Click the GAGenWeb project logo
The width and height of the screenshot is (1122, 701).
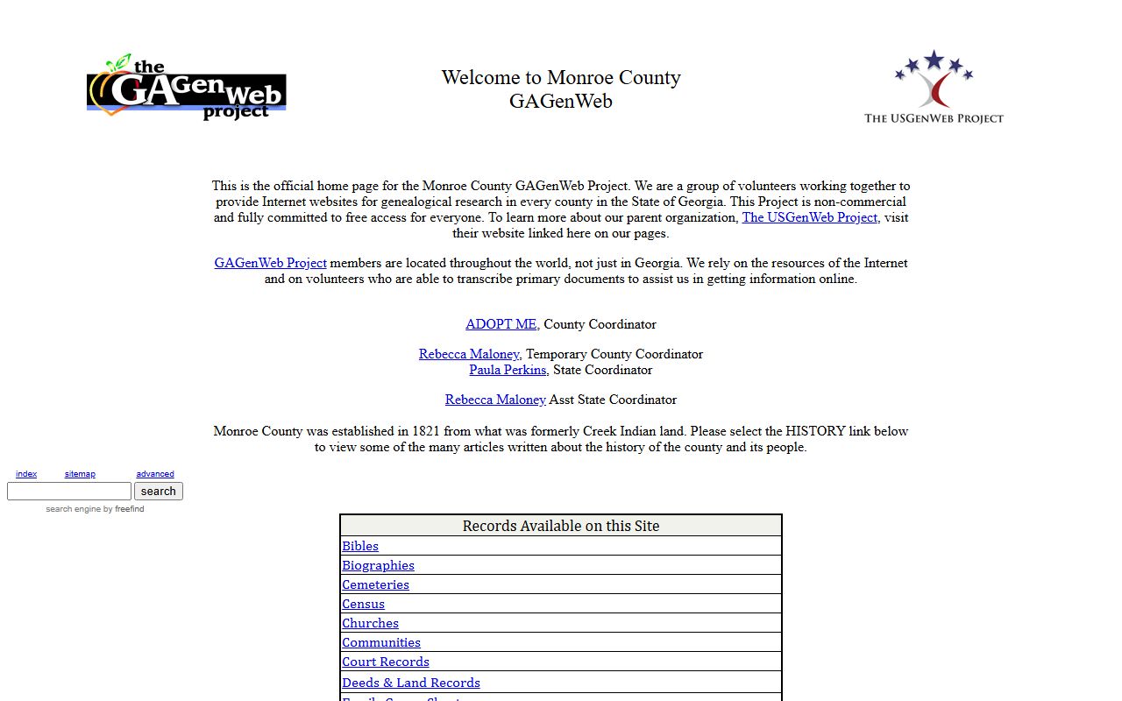point(187,88)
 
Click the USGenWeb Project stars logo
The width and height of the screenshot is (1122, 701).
point(934,86)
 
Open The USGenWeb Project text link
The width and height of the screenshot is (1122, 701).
point(809,217)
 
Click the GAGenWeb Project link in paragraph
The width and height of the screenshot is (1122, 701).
point(270,263)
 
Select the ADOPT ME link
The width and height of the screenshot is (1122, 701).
point(501,324)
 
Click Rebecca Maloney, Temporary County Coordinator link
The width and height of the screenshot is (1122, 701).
point(469,354)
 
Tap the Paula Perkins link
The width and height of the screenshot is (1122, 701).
point(508,370)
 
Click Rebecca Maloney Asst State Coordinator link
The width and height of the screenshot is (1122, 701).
point(495,400)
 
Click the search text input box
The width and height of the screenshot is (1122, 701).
point(69,492)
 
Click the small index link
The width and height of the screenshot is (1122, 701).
point(26,474)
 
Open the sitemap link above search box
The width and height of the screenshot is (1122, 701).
point(80,474)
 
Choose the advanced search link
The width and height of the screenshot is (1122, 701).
point(155,474)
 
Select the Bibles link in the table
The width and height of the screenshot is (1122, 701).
point(360,546)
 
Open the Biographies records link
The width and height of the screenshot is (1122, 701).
point(378,565)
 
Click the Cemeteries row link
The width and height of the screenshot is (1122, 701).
point(375,584)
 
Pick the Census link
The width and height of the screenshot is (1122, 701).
point(363,604)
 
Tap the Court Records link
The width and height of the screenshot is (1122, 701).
point(386,662)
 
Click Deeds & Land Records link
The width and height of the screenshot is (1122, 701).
point(411,683)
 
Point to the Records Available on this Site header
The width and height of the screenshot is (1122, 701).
point(561,526)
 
